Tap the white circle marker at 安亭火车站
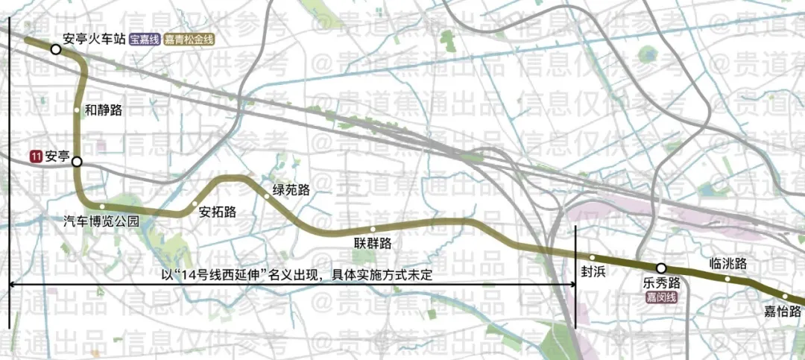pos(56,49)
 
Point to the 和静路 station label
pos(104,110)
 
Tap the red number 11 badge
pos(35,157)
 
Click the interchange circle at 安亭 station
pos(77,162)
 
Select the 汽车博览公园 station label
pos(101,221)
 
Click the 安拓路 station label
pos(218,212)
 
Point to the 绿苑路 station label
pos(291,189)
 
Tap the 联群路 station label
pos(373,243)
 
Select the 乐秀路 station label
pos(661,283)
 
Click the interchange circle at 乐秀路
pos(660,268)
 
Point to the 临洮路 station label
pos(728,263)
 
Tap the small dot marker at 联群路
pos(372,229)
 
